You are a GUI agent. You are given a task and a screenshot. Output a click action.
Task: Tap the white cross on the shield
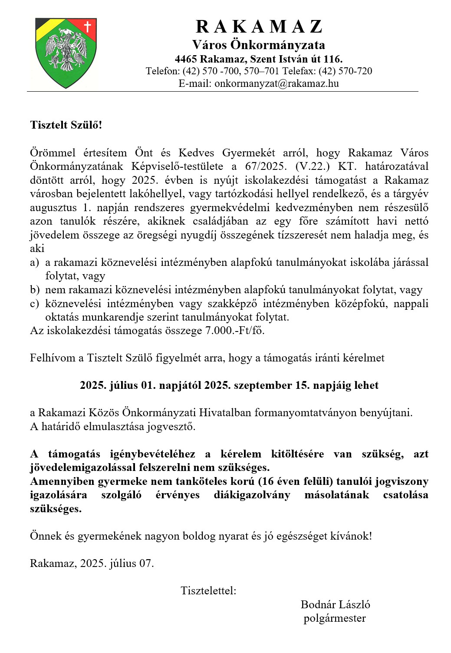click(87, 27)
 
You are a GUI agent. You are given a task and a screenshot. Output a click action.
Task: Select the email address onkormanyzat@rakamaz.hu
click(277, 83)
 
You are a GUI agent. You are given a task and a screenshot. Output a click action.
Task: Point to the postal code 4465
click(186, 59)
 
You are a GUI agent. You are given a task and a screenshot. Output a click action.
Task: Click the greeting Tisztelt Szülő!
click(66, 125)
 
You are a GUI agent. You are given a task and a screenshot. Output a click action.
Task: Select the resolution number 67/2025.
click(266, 166)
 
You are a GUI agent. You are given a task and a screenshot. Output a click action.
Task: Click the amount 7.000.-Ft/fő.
click(234, 331)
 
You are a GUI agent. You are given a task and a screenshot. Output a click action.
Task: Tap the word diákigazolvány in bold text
click(252, 495)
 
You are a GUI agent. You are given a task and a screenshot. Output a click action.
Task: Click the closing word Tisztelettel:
click(208, 591)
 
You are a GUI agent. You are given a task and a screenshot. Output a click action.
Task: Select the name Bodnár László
click(335, 604)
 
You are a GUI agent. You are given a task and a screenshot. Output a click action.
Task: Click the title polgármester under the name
click(335, 618)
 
